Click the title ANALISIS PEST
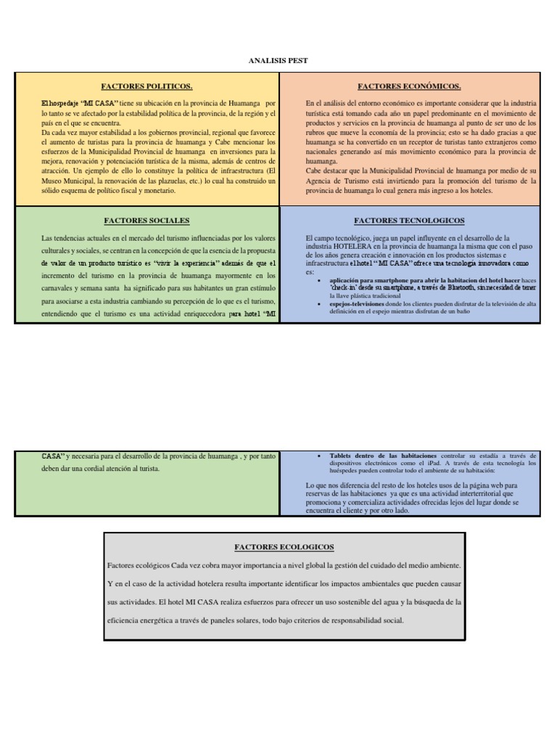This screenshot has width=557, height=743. point(278,61)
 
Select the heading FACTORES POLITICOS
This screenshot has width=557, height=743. point(147,86)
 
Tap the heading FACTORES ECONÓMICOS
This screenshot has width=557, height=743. point(410,86)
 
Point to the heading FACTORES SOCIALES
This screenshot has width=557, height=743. point(147,220)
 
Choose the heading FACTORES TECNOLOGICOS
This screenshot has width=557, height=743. point(410,220)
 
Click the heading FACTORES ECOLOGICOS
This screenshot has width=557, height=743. point(284,547)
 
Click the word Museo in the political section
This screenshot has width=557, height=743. point(52,181)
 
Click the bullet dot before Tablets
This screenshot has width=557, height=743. point(320,455)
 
